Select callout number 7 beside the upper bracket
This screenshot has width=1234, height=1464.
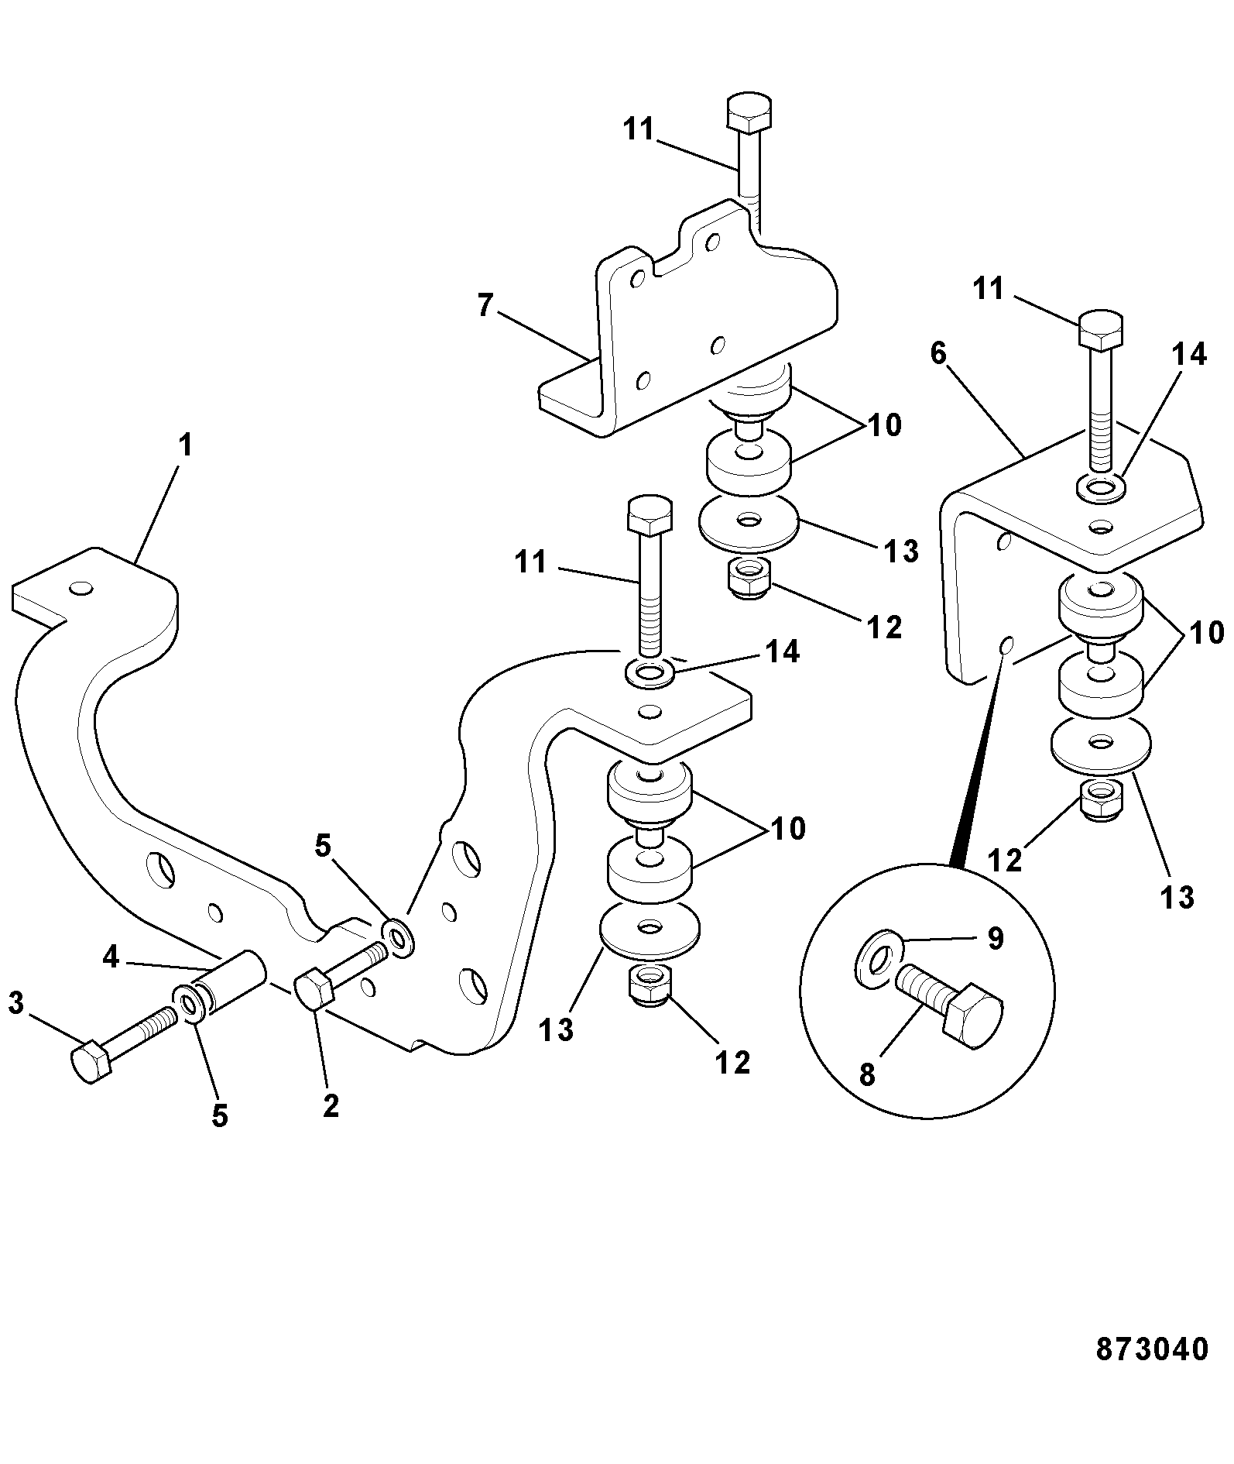pyautogui.click(x=485, y=305)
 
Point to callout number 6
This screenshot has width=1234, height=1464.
pyautogui.click(x=938, y=353)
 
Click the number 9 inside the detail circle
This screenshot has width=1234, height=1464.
pyautogui.click(x=996, y=939)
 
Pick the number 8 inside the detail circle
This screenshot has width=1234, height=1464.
pyautogui.click(x=867, y=1074)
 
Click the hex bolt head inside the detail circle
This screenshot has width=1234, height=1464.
pyautogui.click(x=973, y=1016)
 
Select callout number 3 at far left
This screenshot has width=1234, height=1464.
pyautogui.click(x=16, y=1004)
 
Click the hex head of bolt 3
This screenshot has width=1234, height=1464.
pyautogui.click(x=91, y=1060)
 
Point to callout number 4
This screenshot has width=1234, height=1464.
pyautogui.click(x=111, y=957)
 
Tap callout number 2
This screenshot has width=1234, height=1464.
pyautogui.click(x=331, y=1105)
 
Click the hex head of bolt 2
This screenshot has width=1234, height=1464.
pyautogui.click(x=314, y=989)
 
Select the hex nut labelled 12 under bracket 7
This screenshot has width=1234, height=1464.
pyautogui.click(x=748, y=578)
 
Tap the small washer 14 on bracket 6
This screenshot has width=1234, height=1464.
pyautogui.click(x=1101, y=489)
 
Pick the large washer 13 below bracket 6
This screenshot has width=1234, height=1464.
pyautogui.click(x=1100, y=745)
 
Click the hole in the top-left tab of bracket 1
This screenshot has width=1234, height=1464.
pyautogui.click(x=80, y=589)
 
